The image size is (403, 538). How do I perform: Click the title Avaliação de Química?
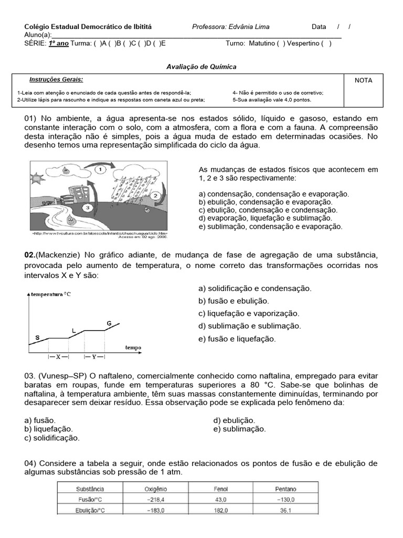click(x=201, y=67)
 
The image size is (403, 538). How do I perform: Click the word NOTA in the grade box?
click(x=363, y=81)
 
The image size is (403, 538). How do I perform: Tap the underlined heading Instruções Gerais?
click(x=56, y=79)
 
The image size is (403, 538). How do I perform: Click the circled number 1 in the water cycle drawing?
click(x=101, y=170)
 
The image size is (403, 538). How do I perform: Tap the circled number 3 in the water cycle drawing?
click(x=88, y=208)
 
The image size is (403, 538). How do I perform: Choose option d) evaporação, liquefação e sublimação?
click(x=265, y=218)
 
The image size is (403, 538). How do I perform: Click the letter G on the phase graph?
click(x=109, y=323)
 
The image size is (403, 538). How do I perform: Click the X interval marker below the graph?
click(x=59, y=357)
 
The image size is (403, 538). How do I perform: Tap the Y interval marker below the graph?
click(x=94, y=357)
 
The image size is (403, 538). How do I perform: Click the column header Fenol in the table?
click(x=220, y=490)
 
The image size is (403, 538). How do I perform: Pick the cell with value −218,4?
click(x=155, y=500)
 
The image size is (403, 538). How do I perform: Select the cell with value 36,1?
click(x=285, y=510)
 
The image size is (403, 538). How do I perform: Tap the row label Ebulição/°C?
click(x=90, y=510)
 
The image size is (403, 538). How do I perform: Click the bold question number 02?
click(x=29, y=255)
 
